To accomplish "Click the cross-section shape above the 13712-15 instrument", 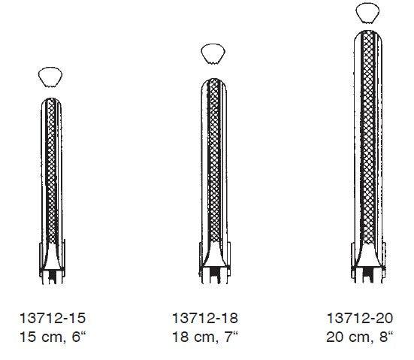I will coord(50,76).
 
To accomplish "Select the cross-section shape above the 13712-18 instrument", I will coord(213,53).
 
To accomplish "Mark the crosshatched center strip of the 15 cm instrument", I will coord(51,173).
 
